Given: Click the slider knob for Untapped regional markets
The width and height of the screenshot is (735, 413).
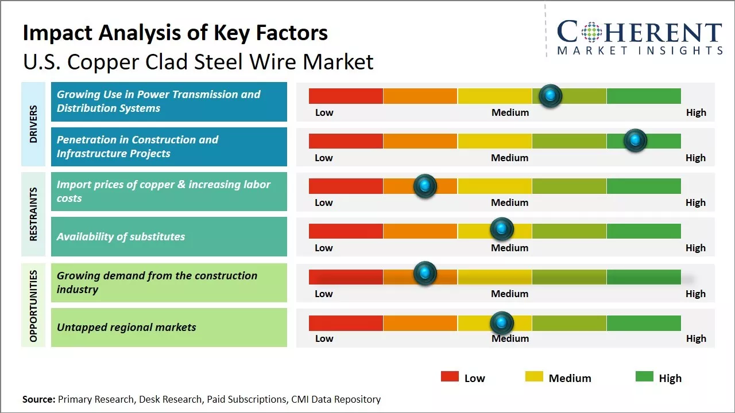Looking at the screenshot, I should tap(502, 323).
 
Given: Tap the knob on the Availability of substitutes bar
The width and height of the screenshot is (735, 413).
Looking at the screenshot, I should tap(502, 229).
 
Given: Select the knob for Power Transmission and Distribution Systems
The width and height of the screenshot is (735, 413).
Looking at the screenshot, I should tap(551, 95).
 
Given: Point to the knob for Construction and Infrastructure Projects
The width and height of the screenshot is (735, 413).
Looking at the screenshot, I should tap(635, 140).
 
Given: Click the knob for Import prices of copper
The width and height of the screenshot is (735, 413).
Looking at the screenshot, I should tap(425, 185).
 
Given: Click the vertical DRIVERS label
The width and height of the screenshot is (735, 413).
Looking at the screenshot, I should tap(33, 124).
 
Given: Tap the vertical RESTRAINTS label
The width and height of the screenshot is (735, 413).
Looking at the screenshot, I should tap(33, 214).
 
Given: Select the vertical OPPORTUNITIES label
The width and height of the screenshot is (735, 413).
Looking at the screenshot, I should tap(33, 306).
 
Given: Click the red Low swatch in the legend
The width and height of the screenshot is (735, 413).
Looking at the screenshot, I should tap(450, 377).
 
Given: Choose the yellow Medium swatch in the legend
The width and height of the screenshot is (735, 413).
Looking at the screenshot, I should tap(534, 377).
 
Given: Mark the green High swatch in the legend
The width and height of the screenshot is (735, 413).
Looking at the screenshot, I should tap(644, 377).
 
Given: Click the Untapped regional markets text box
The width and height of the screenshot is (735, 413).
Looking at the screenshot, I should tap(169, 328).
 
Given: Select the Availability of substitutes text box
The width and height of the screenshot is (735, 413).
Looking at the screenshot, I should tap(169, 236).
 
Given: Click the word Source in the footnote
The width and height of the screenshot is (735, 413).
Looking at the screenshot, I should tap(38, 399).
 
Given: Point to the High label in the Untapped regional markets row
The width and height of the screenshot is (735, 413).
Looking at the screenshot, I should tap(696, 338).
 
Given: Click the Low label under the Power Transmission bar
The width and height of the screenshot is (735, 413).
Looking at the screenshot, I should tap(324, 112).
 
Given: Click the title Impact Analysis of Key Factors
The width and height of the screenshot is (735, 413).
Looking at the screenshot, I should tap(175, 33).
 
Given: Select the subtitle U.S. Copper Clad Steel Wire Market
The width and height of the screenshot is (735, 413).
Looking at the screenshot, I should tap(198, 61).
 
